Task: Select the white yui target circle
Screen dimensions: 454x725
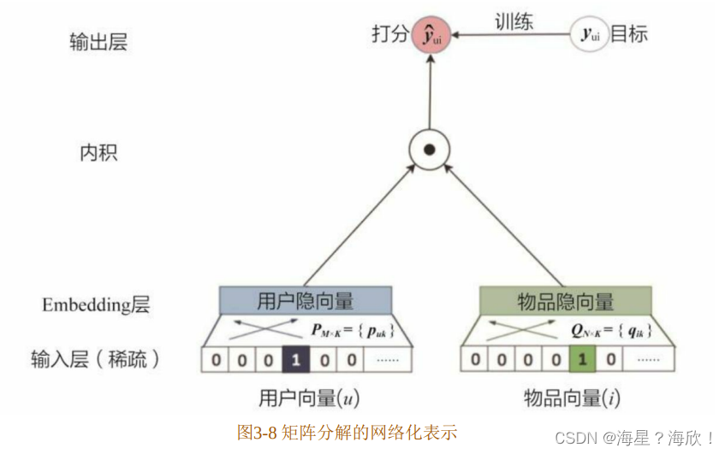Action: click(x=590, y=34)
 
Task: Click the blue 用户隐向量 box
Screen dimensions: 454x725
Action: click(x=305, y=301)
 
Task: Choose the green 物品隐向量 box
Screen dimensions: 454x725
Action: click(x=565, y=301)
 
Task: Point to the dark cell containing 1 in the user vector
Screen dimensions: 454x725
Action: click(x=295, y=359)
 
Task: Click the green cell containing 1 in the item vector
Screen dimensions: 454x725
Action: click(x=582, y=359)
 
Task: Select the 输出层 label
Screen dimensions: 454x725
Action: click(x=98, y=42)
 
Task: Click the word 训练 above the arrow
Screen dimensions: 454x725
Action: click(x=514, y=21)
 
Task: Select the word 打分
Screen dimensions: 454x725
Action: click(x=389, y=35)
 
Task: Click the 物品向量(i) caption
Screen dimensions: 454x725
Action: click(x=571, y=398)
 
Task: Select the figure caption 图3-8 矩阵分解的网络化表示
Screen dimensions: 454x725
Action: click(x=347, y=432)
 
